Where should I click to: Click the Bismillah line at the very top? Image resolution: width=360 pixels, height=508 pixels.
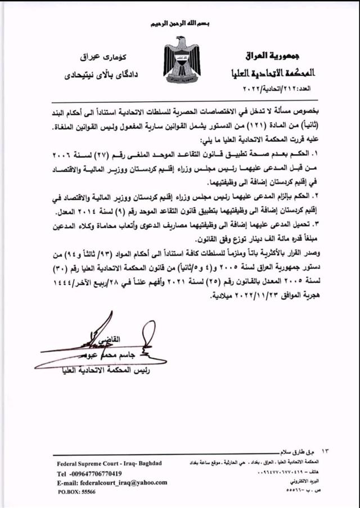[180, 24]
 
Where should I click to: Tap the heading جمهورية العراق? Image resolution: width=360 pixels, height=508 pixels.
[274, 56]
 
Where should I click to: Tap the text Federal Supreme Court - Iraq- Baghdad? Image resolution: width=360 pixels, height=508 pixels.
[109, 463]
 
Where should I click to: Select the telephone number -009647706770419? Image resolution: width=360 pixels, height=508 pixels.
[97, 473]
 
